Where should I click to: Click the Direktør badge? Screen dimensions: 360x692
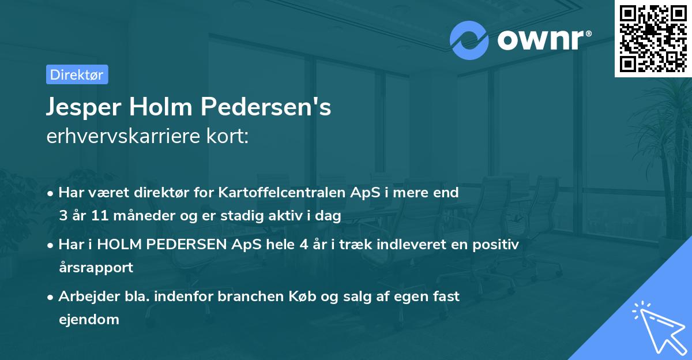[x=77, y=74]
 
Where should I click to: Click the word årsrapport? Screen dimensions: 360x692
[x=96, y=268]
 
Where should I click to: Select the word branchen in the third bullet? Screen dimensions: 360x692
[x=271, y=297]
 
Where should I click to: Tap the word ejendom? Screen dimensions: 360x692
[x=89, y=319]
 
